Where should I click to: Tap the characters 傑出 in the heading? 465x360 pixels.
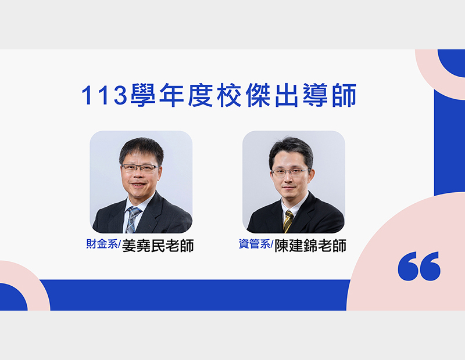(271, 95)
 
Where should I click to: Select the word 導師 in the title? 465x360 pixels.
(330, 95)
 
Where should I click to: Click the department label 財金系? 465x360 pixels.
(102, 244)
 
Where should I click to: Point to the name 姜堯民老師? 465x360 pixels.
(158, 246)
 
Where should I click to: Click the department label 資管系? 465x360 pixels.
(255, 244)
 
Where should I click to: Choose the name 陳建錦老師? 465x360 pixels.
(310, 246)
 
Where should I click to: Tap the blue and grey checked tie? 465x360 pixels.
(132, 219)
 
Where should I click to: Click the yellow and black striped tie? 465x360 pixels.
(288, 221)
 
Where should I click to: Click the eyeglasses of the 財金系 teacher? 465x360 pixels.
(140, 168)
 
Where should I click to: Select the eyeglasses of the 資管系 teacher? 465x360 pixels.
(290, 172)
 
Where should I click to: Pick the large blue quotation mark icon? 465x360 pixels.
(419, 266)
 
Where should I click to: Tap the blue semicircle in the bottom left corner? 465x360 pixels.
(12, 297)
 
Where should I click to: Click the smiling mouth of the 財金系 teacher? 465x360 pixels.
(139, 185)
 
